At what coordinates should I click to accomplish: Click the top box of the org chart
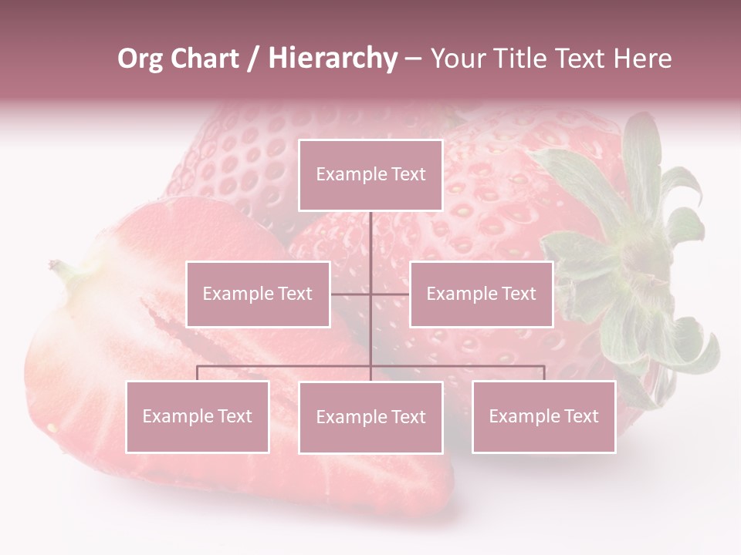[370, 175]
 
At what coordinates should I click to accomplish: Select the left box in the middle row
[258, 294]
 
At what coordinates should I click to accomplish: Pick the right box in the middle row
[481, 294]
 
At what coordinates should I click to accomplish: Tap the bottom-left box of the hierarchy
[197, 416]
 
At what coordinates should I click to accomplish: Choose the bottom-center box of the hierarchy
[370, 417]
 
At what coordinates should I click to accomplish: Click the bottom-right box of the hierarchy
[543, 416]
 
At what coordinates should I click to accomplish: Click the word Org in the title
[140, 59]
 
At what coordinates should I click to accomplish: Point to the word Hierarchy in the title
[333, 59]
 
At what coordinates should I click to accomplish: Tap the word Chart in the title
[205, 59]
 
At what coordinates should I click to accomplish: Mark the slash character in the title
[253, 59]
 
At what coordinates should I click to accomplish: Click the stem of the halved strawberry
[62, 270]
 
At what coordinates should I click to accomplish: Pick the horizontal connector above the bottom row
[286, 366]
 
